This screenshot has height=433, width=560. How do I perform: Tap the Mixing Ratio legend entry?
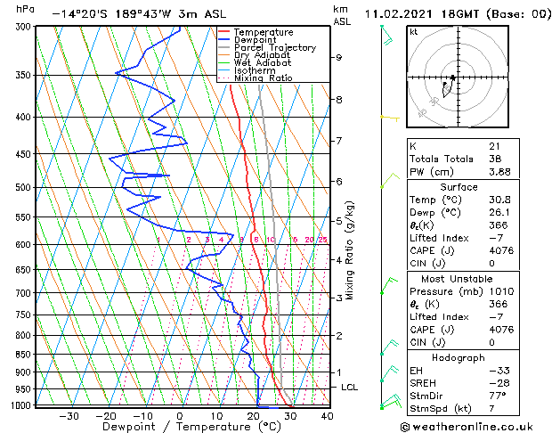point(263,78)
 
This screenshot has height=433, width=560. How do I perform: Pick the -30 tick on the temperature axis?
point(69,416)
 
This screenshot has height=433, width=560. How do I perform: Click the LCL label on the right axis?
point(349,388)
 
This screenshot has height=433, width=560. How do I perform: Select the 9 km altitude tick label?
point(339,57)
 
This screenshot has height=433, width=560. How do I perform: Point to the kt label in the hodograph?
point(413,32)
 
